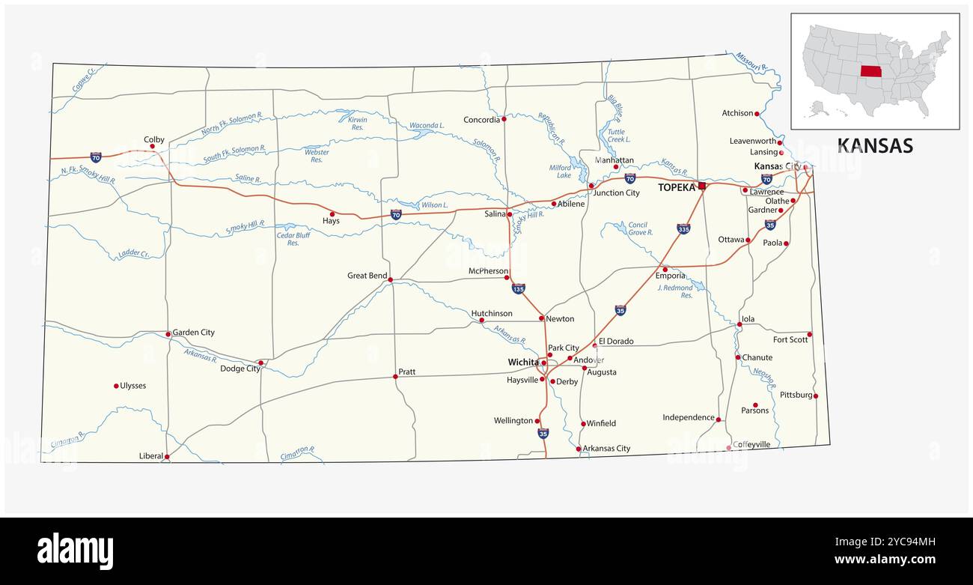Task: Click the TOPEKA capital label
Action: tap(677, 187)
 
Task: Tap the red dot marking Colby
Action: tap(152, 146)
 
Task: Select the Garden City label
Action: tap(193, 333)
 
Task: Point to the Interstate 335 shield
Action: tap(683, 228)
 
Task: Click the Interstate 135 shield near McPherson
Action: tap(518, 288)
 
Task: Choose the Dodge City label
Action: tap(240, 369)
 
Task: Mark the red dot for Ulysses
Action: tap(116, 386)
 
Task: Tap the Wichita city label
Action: tap(522, 363)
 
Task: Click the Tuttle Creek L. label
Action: tap(618, 135)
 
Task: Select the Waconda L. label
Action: tap(427, 126)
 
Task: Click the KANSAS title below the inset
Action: tap(874, 145)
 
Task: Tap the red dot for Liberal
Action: tap(167, 456)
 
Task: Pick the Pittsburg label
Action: tap(796, 395)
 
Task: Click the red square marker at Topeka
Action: tap(702, 186)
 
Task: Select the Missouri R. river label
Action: tap(751, 61)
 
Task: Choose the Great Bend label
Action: tap(367, 276)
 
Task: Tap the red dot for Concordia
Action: tap(504, 118)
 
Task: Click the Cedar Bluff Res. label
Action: tap(293, 239)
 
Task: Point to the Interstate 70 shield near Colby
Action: tap(96, 157)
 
